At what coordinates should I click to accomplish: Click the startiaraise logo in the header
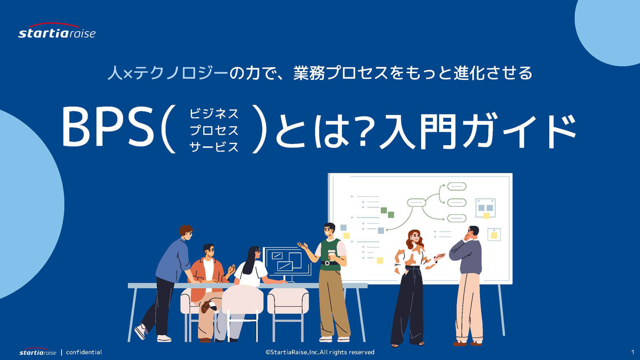point(57,30)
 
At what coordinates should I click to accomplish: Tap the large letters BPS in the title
point(108,127)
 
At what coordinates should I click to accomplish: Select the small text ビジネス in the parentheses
point(214,114)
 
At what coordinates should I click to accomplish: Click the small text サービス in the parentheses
point(214,147)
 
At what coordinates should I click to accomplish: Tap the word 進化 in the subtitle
point(468,73)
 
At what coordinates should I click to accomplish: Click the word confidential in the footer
point(84,352)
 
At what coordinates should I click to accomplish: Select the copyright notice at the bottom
point(320,352)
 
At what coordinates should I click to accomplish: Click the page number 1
point(632,352)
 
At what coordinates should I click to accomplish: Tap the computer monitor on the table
point(287,263)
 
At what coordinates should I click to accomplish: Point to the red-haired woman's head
point(415,238)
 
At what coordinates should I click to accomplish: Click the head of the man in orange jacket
point(208,251)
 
